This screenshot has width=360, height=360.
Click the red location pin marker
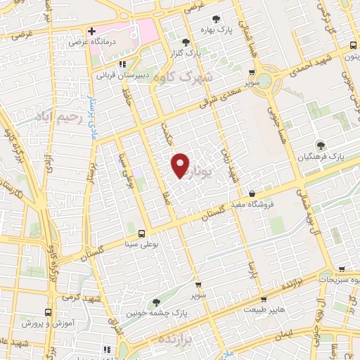pos(181,165)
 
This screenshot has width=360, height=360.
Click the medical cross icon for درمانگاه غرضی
pos(91,32)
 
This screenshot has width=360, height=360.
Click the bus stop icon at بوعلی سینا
pos(141,233)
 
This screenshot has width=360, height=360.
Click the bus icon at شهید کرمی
pos(48,311)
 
